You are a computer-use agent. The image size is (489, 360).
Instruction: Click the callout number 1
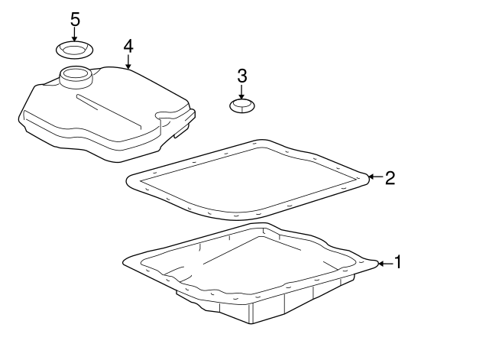[x=397, y=261]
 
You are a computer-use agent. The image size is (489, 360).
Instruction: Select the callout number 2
[x=390, y=178]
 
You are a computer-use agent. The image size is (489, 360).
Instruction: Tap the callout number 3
[x=242, y=76]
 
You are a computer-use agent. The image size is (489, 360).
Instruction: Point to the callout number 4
[x=128, y=46]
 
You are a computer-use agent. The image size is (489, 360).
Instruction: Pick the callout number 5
[x=75, y=19]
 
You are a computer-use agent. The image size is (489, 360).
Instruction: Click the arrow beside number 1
[x=386, y=264]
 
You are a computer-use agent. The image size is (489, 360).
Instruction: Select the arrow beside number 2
[x=375, y=177]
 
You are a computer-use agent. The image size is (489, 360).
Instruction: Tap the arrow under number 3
[x=241, y=92]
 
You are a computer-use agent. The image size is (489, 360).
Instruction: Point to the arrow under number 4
[x=128, y=62]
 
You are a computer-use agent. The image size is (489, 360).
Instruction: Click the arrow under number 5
[x=74, y=34]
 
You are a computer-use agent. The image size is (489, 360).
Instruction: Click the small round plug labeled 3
[x=242, y=106]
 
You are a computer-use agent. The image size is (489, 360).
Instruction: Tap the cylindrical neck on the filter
[x=76, y=77]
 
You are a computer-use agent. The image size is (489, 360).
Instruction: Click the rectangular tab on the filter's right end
[x=182, y=132]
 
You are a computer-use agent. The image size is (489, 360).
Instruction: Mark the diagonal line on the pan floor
[x=230, y=250]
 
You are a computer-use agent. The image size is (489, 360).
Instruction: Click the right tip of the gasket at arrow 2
[x=368, y=177]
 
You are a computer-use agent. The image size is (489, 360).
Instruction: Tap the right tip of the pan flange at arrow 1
[x=378, y=264]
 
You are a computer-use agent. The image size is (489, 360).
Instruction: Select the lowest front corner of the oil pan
[x=251, y=323]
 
